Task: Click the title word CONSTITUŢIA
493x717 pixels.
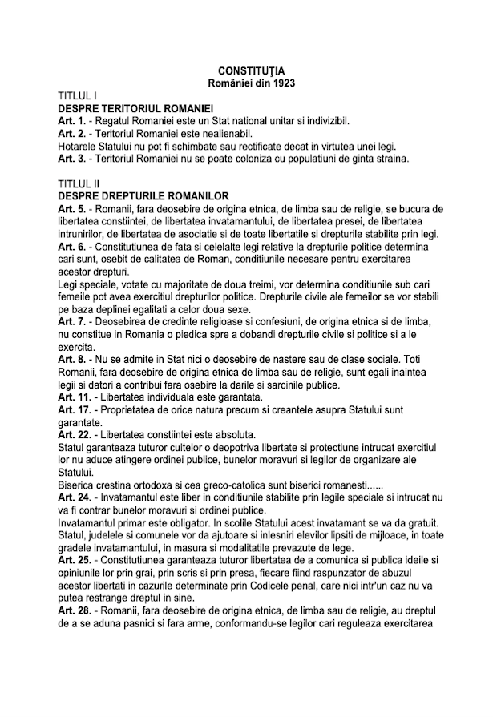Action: tap(246, 72)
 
